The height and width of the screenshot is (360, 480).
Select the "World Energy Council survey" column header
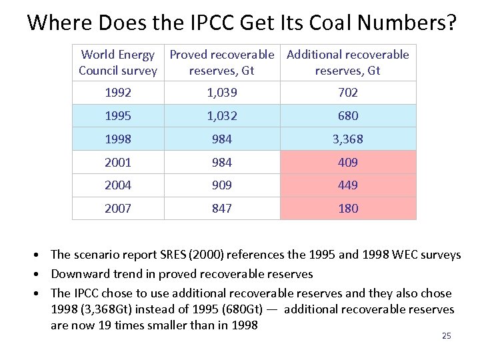pyautogui.click(x=118, y=63)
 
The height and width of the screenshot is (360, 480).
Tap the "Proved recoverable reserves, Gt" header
pyautogui.click(x=222, y=63)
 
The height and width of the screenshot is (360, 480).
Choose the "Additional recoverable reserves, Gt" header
pyautogui.click(x=348, y=63)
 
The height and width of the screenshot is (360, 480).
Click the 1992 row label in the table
pyautogui.click(x=118, y=93)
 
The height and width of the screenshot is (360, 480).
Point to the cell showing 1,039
pyautogui.click(x=222, y=93)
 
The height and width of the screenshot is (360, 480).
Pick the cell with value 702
pyautogui.click(x=348, y=93)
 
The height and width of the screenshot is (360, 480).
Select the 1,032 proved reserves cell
pyautogui.click(x=222, y=116)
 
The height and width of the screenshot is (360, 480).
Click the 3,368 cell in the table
pyautogui.click(x=348, y=139)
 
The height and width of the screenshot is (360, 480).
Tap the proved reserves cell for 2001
pyautogui.click(x=222, y=162)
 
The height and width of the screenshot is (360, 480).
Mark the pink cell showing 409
pyautogui.click(x=348, y=162)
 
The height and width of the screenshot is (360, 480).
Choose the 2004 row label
pyautogui.click(x=118, y=185)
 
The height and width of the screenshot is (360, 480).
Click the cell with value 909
pyautogui.click(x=222, y=185)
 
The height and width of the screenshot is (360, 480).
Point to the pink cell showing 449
pyautogui.click(x=348, y=185)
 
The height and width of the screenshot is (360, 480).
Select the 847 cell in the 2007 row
pyautogui.click(x=222, y=209)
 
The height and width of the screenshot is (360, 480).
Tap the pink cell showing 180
pyautogui.click(x=348, y=209)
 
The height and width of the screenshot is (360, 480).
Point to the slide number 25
pyautogui.click(x=446, y=336)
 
